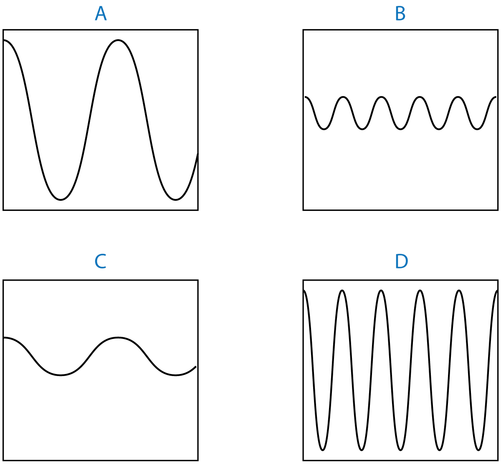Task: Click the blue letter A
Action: (101, 14)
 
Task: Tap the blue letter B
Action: (400, 14)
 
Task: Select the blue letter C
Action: (100, 262)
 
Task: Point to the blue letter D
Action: (401, 262)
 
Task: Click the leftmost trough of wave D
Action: (323, 450)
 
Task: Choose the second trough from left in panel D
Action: (362, 450)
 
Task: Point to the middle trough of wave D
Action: (400, 450)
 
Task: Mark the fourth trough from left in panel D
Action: (440, 450)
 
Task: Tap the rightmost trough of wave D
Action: (478, 450)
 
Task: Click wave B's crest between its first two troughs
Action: (343, 98)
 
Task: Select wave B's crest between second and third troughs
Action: (381, 98)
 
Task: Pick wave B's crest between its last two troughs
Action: (458, 98)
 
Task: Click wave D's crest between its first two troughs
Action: (342, 291)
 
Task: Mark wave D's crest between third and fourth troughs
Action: (420, 291)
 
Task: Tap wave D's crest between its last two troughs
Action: (459, 291)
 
